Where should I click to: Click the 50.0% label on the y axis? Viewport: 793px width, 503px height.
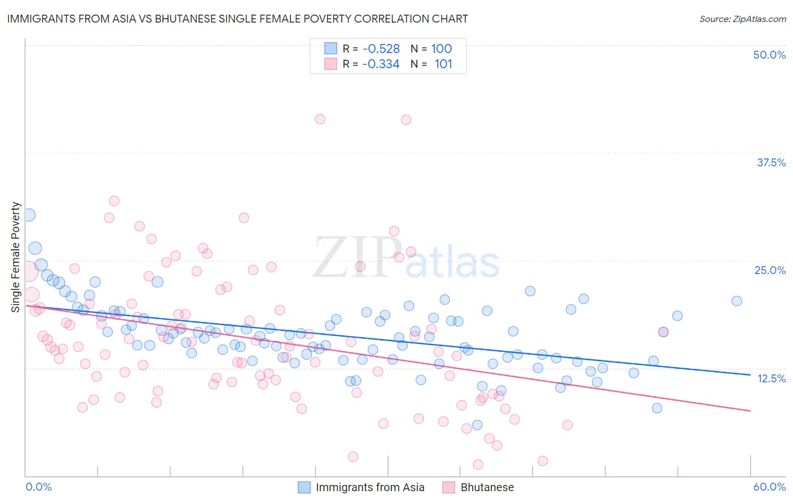pos(769,55)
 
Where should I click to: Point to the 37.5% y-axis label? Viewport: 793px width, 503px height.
pos(771,162)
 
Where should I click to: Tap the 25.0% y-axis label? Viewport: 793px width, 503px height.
pos(770,270)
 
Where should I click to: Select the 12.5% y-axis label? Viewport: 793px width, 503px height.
pos(771,378)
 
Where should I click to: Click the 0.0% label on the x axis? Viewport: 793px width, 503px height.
pos(38,487)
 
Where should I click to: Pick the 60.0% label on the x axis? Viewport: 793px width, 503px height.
pos(769,487)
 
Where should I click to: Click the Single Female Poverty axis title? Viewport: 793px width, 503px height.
pos(16,257)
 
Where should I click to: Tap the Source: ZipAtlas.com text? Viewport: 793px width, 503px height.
pos(742,19)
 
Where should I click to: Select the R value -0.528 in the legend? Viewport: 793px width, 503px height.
pos(381,48)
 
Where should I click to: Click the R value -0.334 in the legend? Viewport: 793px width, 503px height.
pos(381,64)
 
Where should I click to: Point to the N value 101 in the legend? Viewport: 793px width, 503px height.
pos(443,64)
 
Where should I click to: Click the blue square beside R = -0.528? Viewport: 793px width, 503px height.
pos(331,48)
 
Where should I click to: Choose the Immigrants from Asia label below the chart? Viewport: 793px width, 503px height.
pos(370,487)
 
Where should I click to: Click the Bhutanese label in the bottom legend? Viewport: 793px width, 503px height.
pos(487,487)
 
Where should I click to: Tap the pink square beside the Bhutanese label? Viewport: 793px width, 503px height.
pos(448,487)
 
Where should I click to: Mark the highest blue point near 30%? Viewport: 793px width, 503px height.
pos(28,215)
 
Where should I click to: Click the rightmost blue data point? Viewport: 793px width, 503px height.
pos(737,301)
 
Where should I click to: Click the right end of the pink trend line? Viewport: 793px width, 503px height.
pos(750,411)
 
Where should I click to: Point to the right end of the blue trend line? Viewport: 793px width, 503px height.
pos(750,374)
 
